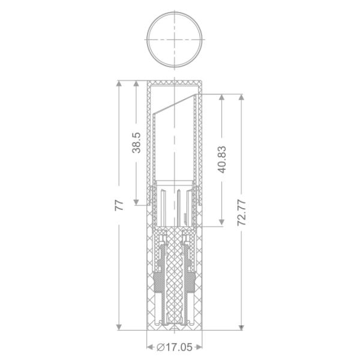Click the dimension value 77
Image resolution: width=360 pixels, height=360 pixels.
pos(119,205)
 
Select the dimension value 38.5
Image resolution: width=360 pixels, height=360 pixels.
pos(136,143)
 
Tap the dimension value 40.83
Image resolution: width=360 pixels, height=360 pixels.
pos(222,160)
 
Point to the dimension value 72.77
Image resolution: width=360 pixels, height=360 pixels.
pos(242,212)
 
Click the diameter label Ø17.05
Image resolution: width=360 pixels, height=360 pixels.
pos(174,347)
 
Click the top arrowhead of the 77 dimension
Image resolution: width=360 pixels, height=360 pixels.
pos(119,83)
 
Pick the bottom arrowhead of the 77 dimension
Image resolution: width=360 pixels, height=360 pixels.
pos(119,327)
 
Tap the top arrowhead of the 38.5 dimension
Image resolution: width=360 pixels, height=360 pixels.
pos(136,83)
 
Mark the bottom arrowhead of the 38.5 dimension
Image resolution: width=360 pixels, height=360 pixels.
pos(136,202)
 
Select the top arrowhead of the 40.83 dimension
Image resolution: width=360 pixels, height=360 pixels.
pos(221,97)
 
